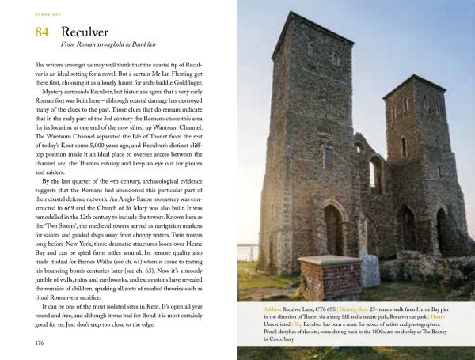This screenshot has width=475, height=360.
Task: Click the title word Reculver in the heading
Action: click(88, 33)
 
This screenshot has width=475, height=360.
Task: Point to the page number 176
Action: click(34, 343)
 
